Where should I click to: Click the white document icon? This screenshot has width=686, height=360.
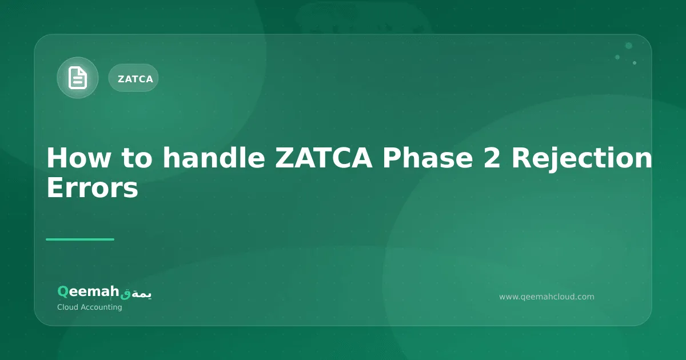(78, 78)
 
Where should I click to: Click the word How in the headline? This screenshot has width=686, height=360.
(73, 158)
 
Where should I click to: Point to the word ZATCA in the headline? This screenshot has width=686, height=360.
(324, 158)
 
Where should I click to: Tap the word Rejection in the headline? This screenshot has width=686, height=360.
(581, 158)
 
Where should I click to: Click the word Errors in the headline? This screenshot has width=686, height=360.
(92, 188)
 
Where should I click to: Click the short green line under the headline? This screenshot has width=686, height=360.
(80, 239)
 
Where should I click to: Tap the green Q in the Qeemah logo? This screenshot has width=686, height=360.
(63, 292)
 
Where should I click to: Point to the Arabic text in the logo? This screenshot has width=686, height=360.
(136, 293)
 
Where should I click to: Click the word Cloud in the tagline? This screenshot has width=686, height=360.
(69, 307)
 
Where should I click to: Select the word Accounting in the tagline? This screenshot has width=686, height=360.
(103, 307)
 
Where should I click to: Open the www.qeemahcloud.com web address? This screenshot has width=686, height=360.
(547, 297)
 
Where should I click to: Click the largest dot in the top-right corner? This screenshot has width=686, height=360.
(629, 46)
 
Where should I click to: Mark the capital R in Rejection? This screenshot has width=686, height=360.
(520, 158)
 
